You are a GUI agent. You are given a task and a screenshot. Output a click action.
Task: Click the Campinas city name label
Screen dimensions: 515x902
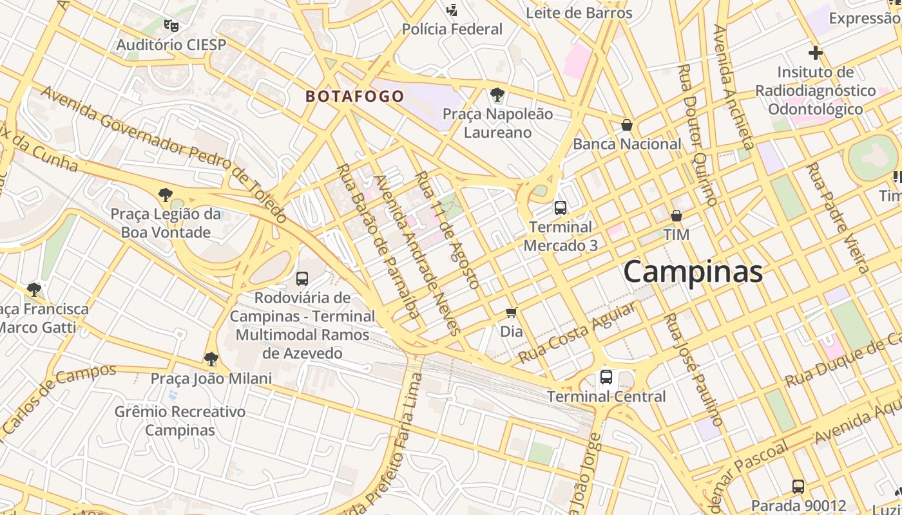[x=693, y=272]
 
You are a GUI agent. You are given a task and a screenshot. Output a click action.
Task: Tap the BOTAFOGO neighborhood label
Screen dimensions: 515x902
[x=354, y=97]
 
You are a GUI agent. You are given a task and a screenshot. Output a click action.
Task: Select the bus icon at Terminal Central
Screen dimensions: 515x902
[x=606, y=377]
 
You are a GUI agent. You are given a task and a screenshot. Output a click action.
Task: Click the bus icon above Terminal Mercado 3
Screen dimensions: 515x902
[x=561, y=208]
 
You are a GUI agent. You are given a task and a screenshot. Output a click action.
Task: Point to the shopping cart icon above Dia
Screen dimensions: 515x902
[x=512, y=313]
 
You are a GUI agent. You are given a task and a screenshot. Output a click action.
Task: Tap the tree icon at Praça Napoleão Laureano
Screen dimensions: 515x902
[x=497, y=95]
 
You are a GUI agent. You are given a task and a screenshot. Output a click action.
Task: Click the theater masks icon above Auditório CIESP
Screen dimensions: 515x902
[x=171, y=26]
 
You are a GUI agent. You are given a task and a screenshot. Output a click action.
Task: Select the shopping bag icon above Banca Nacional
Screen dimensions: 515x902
[x=627, y=125]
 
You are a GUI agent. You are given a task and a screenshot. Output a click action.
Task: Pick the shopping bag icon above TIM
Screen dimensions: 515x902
[x=676, y=216]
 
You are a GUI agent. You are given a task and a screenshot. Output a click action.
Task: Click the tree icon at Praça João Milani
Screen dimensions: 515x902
[x=211, y=359]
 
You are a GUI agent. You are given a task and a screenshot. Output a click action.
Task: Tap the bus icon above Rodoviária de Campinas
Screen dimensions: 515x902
[x=302, y=279]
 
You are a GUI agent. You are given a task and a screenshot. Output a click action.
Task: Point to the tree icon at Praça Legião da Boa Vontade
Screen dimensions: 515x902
[x=166, y=194]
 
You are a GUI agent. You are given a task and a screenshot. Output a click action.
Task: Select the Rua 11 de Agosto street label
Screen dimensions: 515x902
[x=447, y=230]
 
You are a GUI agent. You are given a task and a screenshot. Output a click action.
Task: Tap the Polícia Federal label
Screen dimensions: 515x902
[x=452, y=29]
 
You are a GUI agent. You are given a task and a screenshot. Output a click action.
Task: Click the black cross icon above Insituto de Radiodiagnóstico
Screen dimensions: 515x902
[x=816, y=53]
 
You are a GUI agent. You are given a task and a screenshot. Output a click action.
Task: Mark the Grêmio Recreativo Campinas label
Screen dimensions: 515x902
[x=180, y=420]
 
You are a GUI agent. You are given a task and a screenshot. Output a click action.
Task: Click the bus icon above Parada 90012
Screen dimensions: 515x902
[x=798, y=487]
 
